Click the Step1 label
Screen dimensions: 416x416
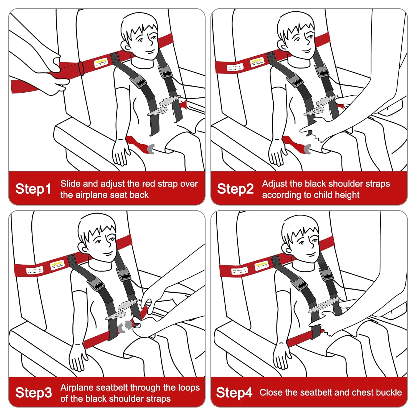coord(33,189)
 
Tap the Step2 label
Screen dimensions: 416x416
coord(235,189)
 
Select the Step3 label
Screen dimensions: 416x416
coord(34,393)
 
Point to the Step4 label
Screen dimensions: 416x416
coord(234,393)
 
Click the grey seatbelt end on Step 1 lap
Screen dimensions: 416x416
coord(150,149)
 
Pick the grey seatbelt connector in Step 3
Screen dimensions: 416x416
coord(125,326)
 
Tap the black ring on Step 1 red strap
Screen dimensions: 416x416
coord(81,68)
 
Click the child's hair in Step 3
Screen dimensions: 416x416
coord(97,227)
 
